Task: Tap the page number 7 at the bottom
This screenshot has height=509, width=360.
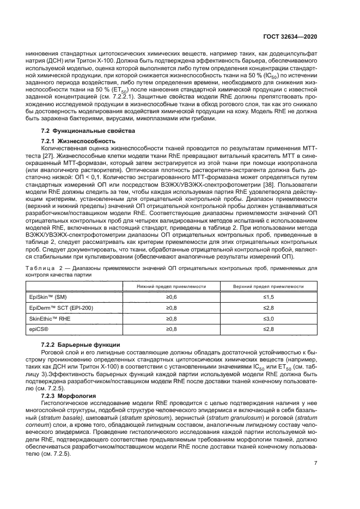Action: tap(316, 463)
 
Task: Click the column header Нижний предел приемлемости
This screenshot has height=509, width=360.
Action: tap(171, 286)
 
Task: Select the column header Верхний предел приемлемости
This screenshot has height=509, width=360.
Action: tap(268, 286)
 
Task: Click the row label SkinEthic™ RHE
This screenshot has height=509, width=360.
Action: tap(50, 318)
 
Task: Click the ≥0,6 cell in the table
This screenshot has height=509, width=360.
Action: tap(171, 297)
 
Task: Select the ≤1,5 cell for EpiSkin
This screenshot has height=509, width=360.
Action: tap(268, 297)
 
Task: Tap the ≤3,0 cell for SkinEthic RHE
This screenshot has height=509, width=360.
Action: tap(268, 318)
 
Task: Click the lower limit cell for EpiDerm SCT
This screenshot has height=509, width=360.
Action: tap(171, 308)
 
